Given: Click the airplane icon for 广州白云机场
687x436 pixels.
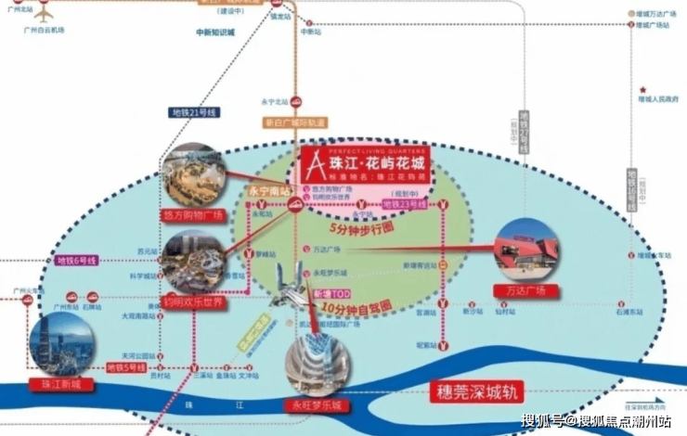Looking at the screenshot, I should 41,12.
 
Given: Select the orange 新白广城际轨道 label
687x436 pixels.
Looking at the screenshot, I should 295,122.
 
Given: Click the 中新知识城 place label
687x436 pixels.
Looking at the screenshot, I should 215,32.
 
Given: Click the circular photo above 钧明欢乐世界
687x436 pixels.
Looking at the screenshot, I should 194,262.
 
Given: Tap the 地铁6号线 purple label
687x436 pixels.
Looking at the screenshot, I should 78,262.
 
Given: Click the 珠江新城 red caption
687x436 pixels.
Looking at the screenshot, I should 56,384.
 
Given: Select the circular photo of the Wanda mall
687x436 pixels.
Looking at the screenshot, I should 527,249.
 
